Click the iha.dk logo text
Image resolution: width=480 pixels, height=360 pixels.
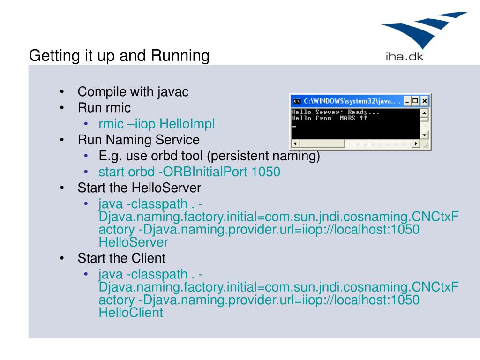tap(404, 58)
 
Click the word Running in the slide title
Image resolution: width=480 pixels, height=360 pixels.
tap(180, 56)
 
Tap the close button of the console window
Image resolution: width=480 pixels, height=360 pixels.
tap(424, 101)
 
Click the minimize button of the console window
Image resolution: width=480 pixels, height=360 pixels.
tap(407, 101)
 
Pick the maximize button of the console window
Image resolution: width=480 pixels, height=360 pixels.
tap(415, 101)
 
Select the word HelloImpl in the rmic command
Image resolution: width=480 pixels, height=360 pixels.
tap(187, 124)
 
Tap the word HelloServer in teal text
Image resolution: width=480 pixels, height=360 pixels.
tap(133, 242)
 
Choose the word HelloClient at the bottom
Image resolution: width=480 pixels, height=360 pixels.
tap(131, 313)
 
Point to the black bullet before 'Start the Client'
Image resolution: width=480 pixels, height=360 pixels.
tap(62, 258)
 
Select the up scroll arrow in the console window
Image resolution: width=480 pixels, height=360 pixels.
tap(425, 113)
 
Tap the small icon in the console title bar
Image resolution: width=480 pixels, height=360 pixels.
tap(296, 101)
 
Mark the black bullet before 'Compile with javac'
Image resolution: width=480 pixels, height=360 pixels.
tap(62, 92)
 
